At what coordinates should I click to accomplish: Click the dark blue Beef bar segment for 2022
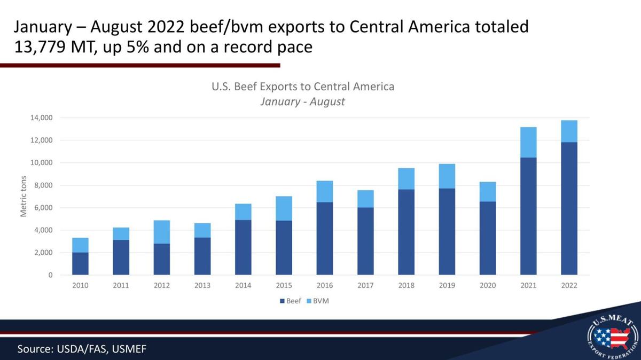(x=569, y=208)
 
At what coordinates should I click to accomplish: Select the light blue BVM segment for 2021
(x=528, y=142)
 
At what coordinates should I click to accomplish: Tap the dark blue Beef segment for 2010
(x=80, y=264)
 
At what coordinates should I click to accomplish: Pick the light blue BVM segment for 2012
(x=162, y=232)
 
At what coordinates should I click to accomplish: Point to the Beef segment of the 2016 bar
(x=325, y=238)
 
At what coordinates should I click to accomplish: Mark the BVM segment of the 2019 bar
(x=447, y=176)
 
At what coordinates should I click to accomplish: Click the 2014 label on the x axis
(x=243, y=286)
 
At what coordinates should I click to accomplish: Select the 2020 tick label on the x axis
(x=487, y=286)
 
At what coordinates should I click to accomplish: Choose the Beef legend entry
(x=291, y=301)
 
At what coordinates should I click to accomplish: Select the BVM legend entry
(x=318, y=301)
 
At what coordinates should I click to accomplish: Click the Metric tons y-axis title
(x=24, y=196)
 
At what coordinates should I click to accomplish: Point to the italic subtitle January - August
(x=302, y=101)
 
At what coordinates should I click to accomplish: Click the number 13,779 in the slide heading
(x=37, y=47)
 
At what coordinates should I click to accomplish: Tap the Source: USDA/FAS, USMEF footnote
(x=82, y=349)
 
